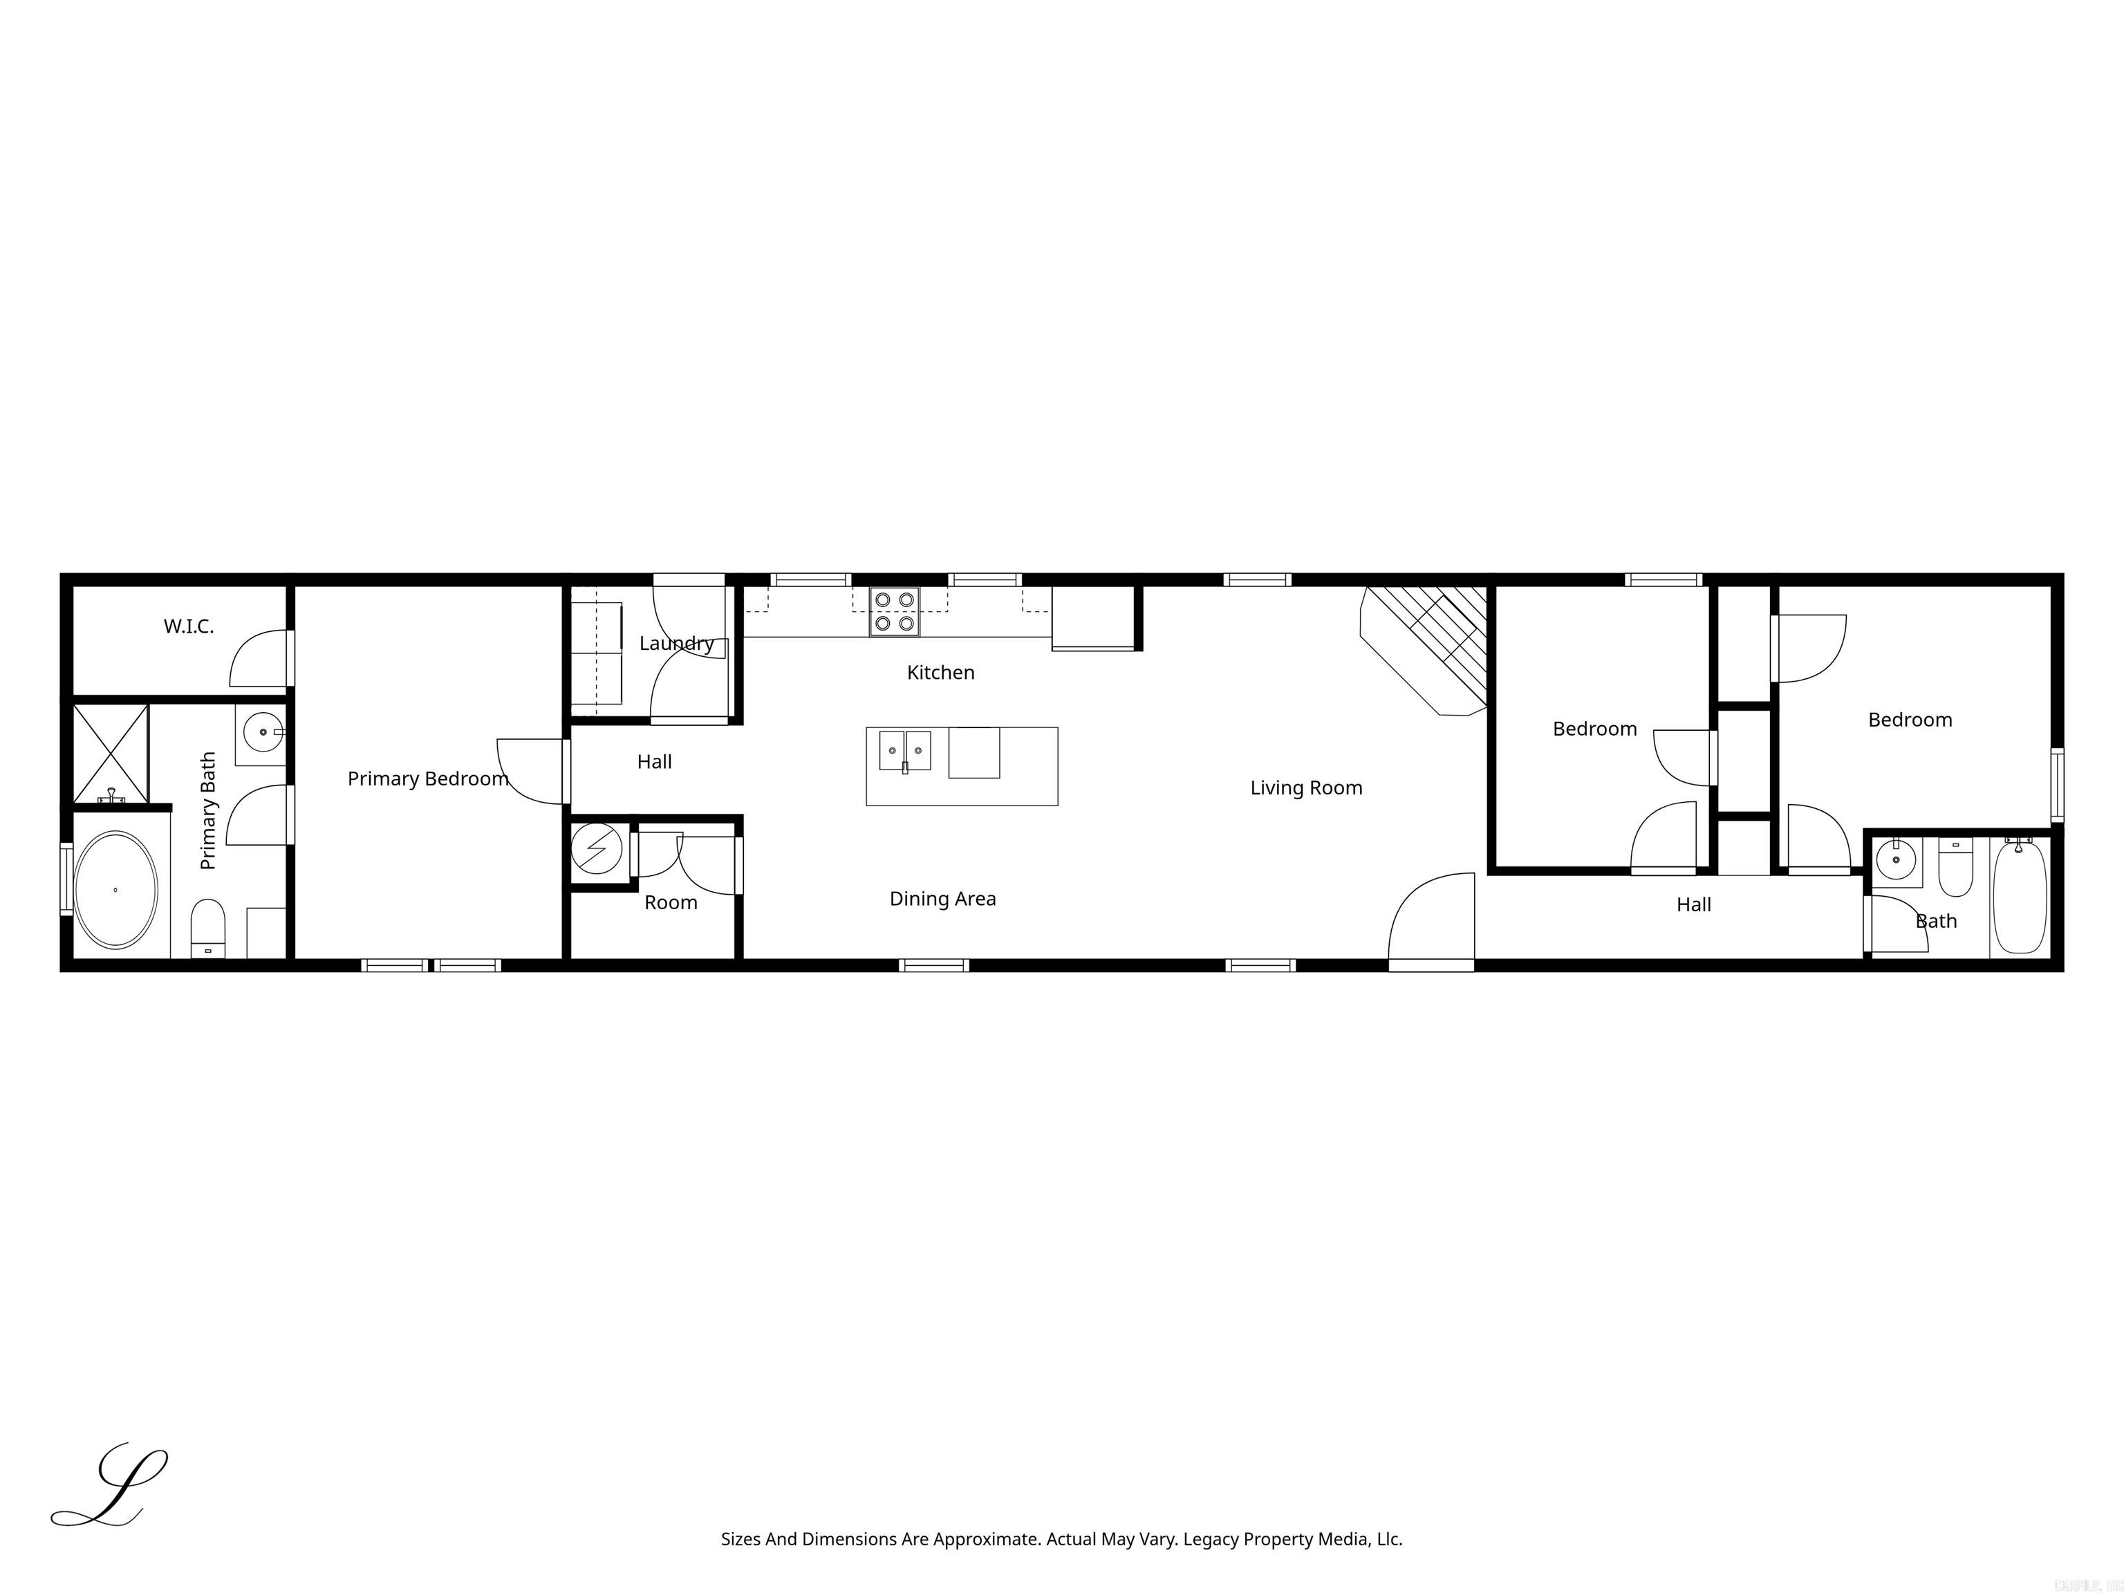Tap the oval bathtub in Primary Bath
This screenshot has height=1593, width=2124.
tap(115, 890)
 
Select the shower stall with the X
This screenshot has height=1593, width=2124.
tap(111, 754)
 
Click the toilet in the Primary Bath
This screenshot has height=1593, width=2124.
tap(207, 928)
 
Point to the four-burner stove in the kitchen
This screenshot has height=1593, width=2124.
tap(894, 612)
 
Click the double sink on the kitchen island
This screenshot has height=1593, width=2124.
tap(904, 750)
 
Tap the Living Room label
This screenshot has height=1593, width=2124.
tap(1306, 788)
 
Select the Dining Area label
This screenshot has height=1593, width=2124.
tap(942, 900)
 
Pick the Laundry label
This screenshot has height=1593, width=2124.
tap(676, 643)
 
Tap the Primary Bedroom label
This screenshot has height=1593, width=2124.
tap(427, 779)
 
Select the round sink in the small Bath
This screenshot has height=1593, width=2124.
tap(1895, 860)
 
